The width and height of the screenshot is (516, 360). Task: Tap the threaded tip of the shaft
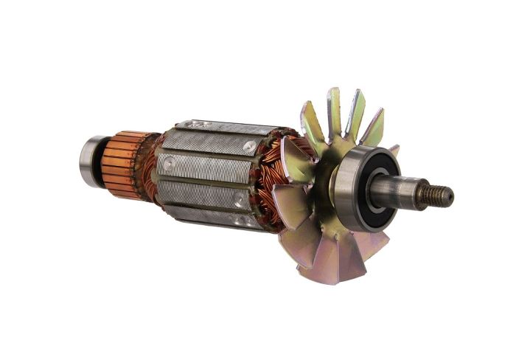click(438, 195)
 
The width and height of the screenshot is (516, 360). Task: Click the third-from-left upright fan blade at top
click(355, 114)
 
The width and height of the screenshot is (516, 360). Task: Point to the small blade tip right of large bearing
click(394, 150)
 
